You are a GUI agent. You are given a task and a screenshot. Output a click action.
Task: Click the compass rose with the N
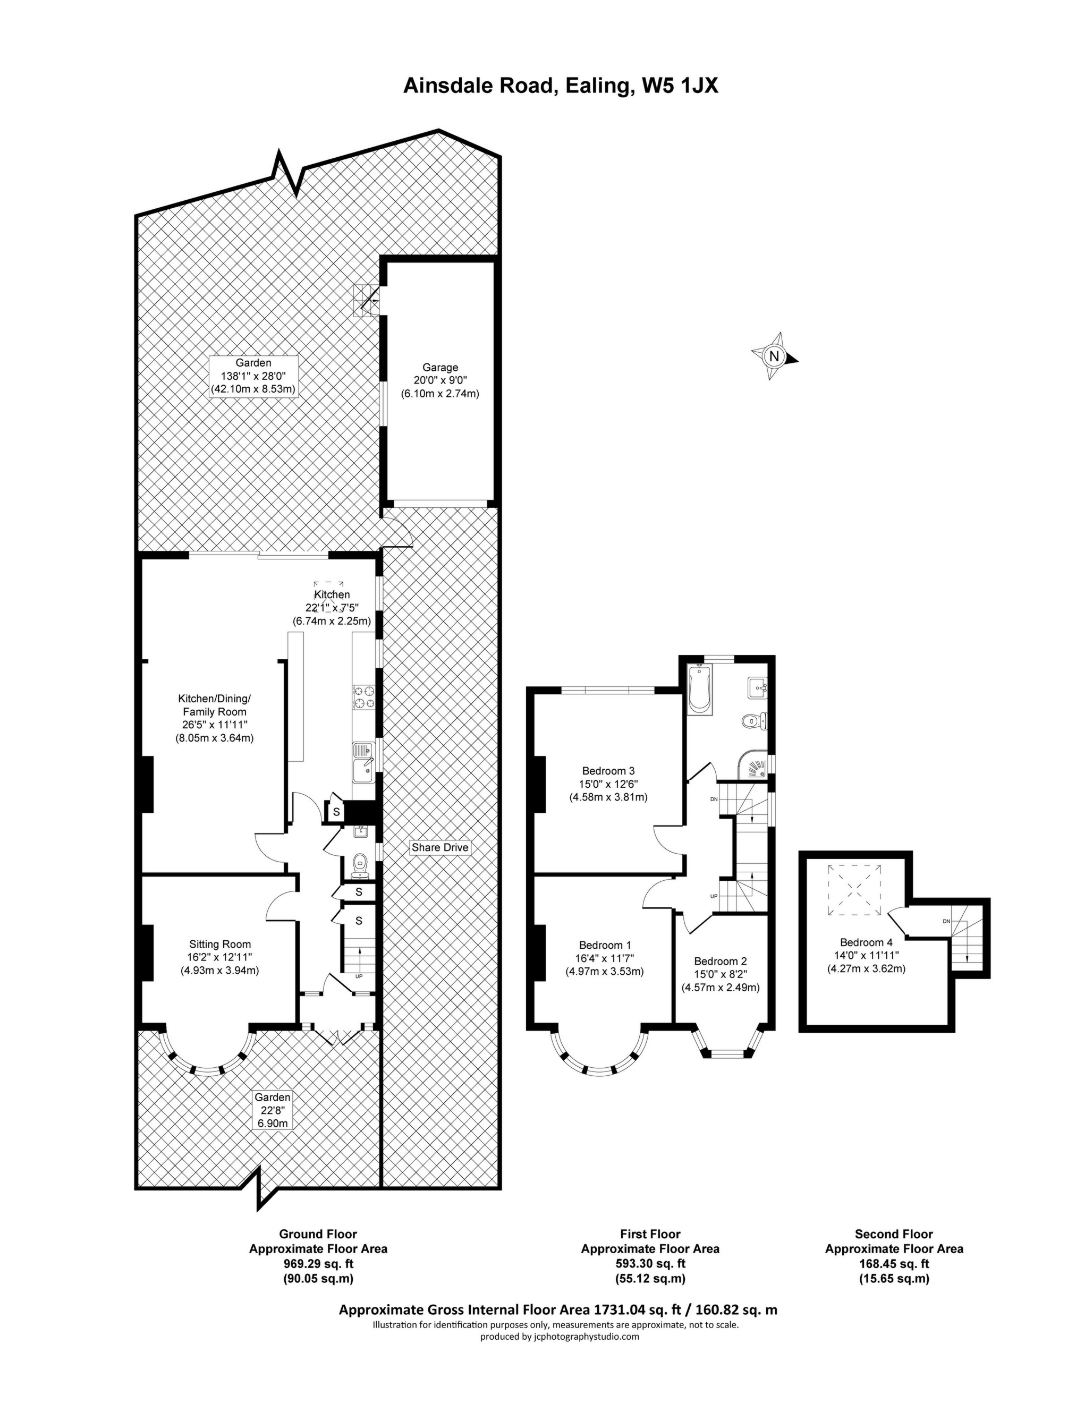click(x=774, y=356)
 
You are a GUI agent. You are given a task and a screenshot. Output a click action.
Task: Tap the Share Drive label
click(x=440, y=848)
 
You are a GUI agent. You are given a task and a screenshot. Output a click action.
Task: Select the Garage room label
click(x=440, y=368)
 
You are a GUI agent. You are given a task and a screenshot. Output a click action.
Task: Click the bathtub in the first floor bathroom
click(x=698, y=689)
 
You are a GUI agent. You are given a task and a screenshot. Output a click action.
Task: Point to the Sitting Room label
click(x=219, y=944)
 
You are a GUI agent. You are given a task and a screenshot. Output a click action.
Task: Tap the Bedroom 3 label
click(x=608, y=771)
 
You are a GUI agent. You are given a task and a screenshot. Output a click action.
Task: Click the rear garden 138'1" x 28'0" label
click(x=253, y=376)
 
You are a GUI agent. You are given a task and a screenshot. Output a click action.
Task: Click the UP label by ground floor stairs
click(x=359, y=976)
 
